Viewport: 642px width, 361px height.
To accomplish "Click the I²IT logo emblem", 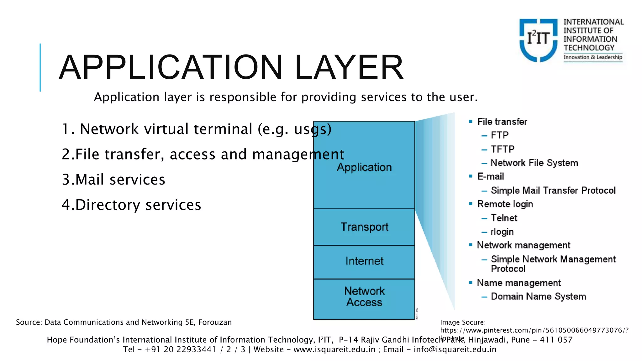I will (x=538, y=40).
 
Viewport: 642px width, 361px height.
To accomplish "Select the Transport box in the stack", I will (x=364, y=227).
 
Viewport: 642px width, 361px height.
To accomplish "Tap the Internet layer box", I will (x=364, y=261).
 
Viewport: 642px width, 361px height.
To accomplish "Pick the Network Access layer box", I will (x=364, y=297).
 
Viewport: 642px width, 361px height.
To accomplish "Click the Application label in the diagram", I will (x=364, y=167).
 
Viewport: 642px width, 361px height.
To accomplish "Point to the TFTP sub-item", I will (x=503, y=149).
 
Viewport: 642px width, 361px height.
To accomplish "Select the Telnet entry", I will (x=504, y=218).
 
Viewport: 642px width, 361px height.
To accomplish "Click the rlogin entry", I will (x=502, y=232).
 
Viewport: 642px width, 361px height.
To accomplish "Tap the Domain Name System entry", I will (x=538, y=296).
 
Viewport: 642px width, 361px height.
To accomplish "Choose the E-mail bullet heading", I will (x=491, y=176).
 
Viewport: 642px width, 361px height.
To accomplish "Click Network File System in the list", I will (x=534, y=163).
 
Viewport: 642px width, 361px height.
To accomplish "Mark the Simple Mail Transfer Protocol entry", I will (x=553, y=191).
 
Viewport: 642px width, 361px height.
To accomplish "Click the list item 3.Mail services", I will (x=113, y=180).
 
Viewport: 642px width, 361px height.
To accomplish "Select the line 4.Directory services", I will (x=131, y=205).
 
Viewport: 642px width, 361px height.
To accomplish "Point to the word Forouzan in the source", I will (x=215, y=322).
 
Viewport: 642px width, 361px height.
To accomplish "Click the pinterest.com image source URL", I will (x=534, y=330).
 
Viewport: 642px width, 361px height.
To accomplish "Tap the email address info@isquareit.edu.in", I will (x=455, y=349).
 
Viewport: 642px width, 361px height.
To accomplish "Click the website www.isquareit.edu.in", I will (x=334, y=349).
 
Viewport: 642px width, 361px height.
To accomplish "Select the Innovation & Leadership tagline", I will (x=593, y=57).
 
